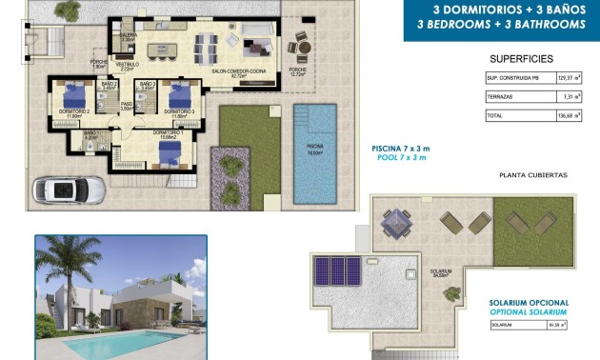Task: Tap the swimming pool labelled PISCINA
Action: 314,152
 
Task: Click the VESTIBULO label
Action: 128,64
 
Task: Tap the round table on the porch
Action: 299,47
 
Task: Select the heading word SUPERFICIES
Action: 521,58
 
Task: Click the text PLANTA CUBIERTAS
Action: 532,175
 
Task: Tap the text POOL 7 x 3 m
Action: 401,158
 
